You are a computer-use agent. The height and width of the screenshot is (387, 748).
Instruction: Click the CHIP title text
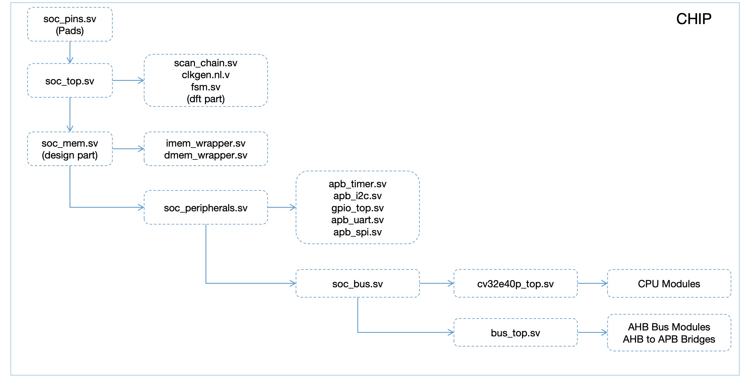[x=694, y=19]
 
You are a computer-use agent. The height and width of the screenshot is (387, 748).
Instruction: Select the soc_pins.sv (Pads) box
[x=70, y=25]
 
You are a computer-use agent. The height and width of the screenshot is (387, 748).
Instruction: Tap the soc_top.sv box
[x=70, y=81]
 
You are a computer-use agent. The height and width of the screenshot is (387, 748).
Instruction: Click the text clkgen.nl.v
[x=206, y=75]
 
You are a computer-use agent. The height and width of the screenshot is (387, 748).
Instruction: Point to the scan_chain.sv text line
[x=206, y=63]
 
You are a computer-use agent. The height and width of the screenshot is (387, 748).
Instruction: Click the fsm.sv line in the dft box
[x=206, y=87]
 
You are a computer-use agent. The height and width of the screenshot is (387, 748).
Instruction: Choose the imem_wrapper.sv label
[x=206, y=143]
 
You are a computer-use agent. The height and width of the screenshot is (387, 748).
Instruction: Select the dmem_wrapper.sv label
[x=206, y=155]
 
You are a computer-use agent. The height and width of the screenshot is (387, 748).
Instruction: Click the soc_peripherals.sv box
[x=206, y=208]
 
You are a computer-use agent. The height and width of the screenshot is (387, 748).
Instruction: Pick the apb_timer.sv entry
[x=357, y=184]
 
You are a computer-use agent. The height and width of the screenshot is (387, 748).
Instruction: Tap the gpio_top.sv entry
[x=357, y=208]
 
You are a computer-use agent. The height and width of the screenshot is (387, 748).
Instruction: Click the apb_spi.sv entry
[x=357, y=232]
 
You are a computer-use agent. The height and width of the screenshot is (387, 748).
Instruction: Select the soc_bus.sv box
[x=357, y=284]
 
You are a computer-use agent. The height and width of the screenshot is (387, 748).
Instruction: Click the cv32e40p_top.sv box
[x=515, y=284]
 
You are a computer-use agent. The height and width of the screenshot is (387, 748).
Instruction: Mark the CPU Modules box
[x=669, y=284]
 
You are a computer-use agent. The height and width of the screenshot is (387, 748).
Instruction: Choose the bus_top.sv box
[x=515, y=333]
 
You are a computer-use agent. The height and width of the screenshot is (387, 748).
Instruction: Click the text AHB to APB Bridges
[x=669, y=339]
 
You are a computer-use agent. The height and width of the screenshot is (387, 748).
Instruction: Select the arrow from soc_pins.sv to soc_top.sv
[x=70, y=52]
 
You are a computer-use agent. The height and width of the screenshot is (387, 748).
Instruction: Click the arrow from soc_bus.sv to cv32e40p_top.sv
[x=436, y=284]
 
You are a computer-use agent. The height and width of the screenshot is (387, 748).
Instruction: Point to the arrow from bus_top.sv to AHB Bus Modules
[x=592, y=333]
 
